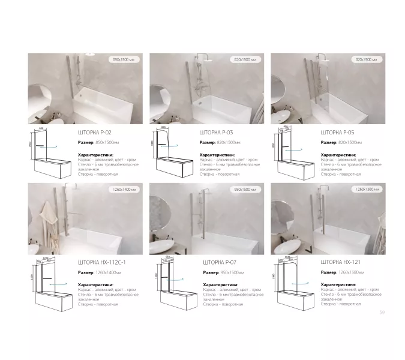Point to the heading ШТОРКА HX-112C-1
101,262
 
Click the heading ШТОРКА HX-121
340,262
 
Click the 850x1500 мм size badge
125,60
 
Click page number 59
382,312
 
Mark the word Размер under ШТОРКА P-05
328,142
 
